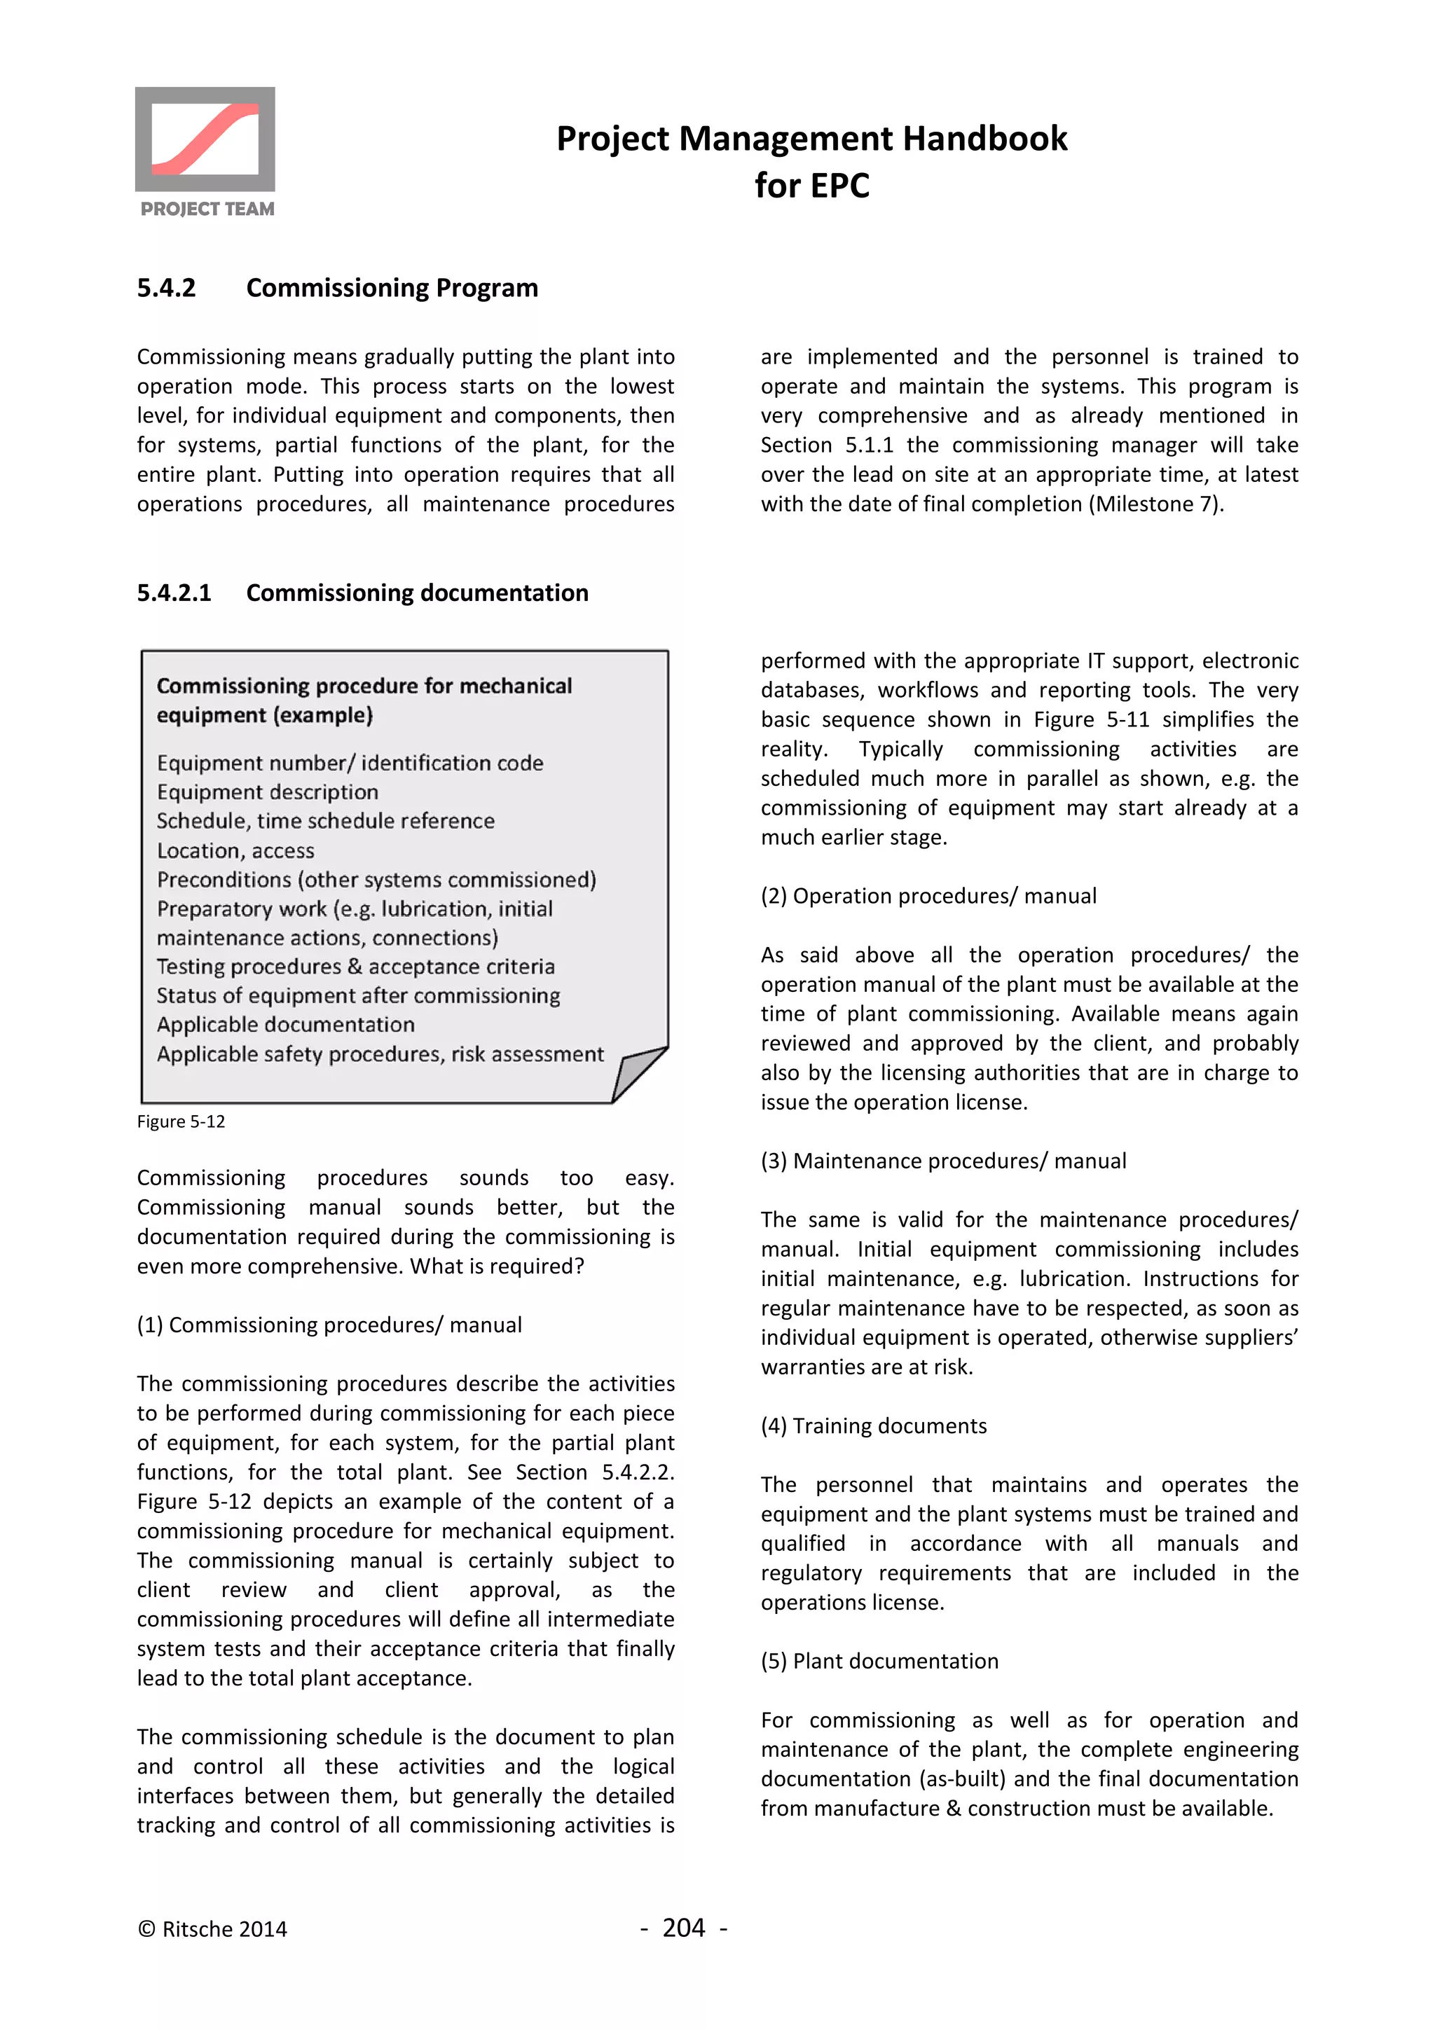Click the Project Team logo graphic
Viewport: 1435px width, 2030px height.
pos(205,139)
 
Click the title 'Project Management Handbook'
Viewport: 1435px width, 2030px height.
pos(811,139)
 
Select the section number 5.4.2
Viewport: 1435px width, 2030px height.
pos(166,288)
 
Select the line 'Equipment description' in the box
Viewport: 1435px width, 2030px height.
pos(267,792)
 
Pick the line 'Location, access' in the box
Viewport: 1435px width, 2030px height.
pos(235,850)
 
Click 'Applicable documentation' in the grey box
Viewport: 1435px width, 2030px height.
pos(286,1025)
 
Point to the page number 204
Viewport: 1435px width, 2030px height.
pos(683,1928)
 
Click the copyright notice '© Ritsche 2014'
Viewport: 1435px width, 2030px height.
pos(212,1929)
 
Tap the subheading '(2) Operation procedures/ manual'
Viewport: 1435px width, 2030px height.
pos(928,896)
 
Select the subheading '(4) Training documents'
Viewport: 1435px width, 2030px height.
pos(874,1425)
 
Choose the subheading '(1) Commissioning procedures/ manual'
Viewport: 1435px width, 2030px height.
pos(329,1325)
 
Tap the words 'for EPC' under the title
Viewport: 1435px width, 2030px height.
pos(811,186)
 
